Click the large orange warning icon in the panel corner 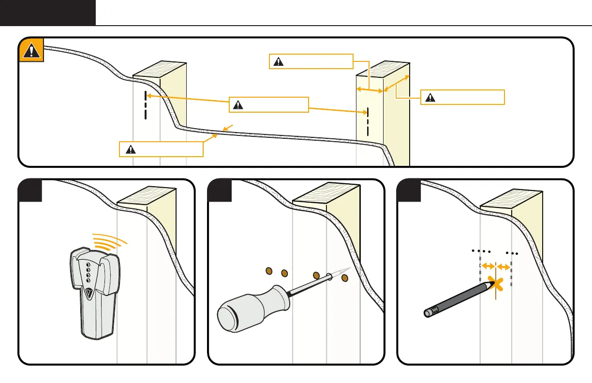(31, 50)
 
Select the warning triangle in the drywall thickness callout (130, 149)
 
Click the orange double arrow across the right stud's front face (370, 90)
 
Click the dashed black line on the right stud (367, 121)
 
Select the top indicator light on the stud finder (88, 265)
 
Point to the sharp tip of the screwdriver (347, 269)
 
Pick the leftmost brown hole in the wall (270, 272)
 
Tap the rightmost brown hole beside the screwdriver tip (344, 278)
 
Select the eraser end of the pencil (428, 312)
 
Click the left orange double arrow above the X (488, 266)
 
